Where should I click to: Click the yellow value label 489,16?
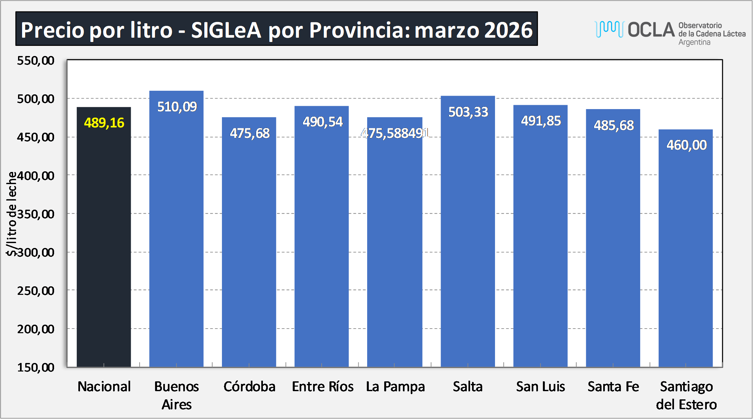click(104, 123)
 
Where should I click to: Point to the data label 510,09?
click(177, 107)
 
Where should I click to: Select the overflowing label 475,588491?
click(395, 133)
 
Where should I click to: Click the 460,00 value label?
click(686, 145)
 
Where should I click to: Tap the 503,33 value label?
click(468, 112)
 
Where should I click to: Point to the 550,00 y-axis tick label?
click(36, 61)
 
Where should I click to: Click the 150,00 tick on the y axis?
click(36, 367)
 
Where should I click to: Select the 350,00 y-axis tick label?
click(36, 214)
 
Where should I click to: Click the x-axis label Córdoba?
click(249, 387)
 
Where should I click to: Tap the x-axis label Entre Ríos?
click(323, 387)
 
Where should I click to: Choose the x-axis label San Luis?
click(541, 387)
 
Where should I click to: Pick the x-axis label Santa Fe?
click(613, 387)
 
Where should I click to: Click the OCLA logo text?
click(651, 30)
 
